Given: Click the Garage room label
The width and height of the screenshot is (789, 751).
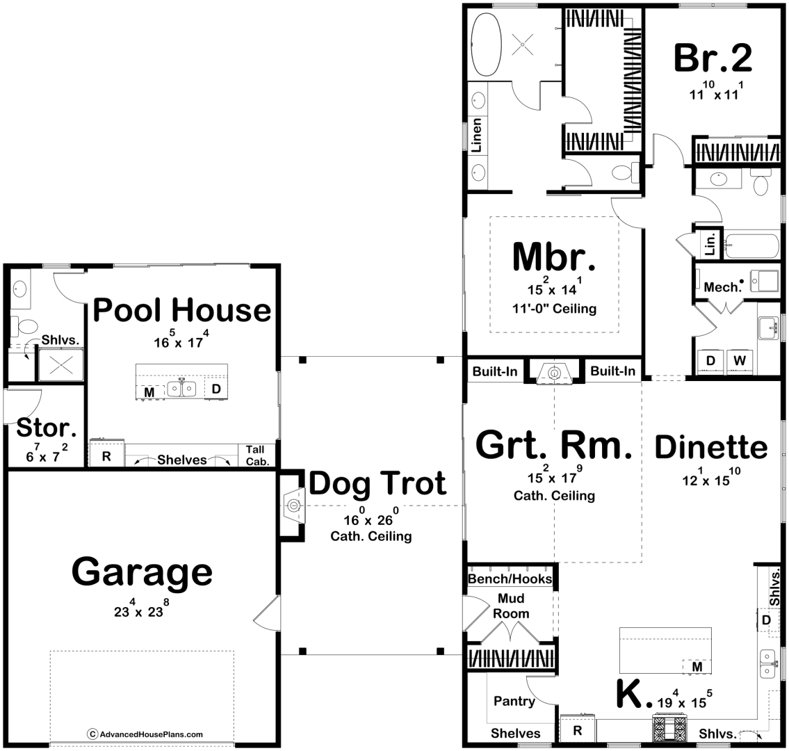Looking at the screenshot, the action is pos(142,572).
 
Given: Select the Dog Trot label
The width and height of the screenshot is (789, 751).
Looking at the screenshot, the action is pos(377,483).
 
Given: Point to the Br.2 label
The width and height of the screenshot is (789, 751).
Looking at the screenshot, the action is pos(713,58).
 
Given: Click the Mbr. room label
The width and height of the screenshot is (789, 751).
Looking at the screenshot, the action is pos(554,257).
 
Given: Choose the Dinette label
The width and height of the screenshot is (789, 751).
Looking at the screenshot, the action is pos(711,447).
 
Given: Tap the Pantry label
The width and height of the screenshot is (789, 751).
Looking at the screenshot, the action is pos(514,701).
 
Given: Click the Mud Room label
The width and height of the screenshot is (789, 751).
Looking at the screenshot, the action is pos(511,606).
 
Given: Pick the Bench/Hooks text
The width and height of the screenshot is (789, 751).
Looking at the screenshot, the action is pos(510,579).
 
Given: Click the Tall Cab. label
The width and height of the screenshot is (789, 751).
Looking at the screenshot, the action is pos(257,455).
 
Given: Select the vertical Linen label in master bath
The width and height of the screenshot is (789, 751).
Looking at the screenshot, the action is pos(476,135).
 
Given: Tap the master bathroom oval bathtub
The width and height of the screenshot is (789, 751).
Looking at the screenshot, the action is pos(486,45).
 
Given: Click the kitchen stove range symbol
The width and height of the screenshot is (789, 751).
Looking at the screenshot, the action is pos(669,727).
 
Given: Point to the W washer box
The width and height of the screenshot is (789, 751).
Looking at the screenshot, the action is pos(739,361).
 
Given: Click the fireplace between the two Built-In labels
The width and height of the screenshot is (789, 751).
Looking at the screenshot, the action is pos(555,373).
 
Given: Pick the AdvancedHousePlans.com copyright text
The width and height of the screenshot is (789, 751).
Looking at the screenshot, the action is pos(145,734).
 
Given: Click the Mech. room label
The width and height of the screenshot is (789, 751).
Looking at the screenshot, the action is pos(723,287).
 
